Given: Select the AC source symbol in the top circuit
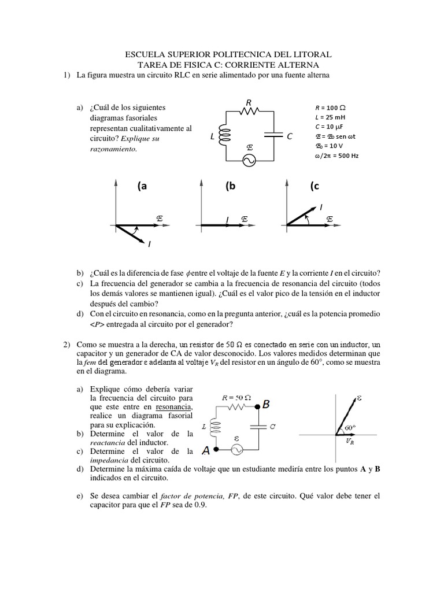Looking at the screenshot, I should tap(249, 161).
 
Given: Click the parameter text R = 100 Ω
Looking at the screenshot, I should tap(330, 108).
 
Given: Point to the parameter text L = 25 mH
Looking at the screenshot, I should tap(329, 117).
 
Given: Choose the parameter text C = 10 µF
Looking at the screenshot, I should tap(329, 127).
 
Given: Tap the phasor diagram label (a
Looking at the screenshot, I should tap(142, 186).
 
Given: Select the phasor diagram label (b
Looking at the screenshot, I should tap(231, 186).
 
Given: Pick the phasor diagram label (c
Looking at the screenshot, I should tap(314, 186).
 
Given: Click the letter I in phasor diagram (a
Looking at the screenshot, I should tap(149, 245).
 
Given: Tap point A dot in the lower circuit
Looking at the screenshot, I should tap(214, 449).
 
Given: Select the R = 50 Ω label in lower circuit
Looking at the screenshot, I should tap(236, 398).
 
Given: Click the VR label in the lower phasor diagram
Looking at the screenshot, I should tap(350, 441).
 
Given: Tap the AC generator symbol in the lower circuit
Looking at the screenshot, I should tap(236, 449).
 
